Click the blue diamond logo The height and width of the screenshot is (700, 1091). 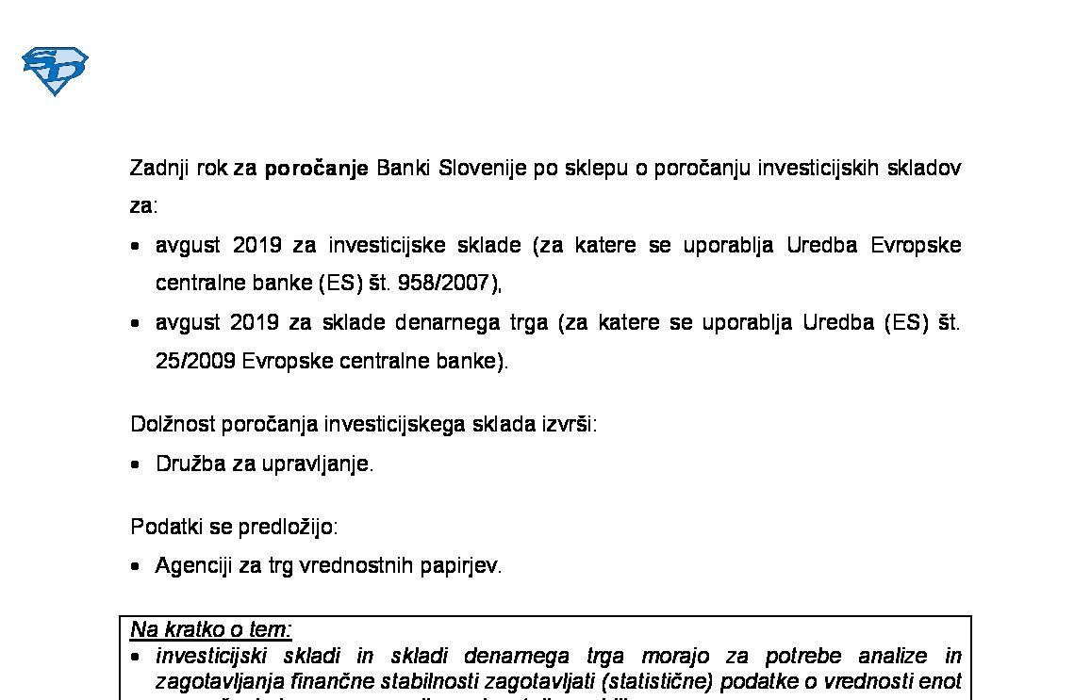coord(55,72)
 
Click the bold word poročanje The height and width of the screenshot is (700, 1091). coord(316,170)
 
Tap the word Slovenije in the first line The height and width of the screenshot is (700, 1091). coord(474,169)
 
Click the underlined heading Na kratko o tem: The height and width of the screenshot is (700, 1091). coord(211,629)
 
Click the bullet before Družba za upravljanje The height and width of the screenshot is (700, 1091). coord(137,464)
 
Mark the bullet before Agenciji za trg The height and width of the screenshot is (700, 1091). coord(137,567)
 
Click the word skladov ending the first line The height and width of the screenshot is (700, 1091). coord(925,169)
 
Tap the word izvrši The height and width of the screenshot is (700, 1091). coord(569,424)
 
